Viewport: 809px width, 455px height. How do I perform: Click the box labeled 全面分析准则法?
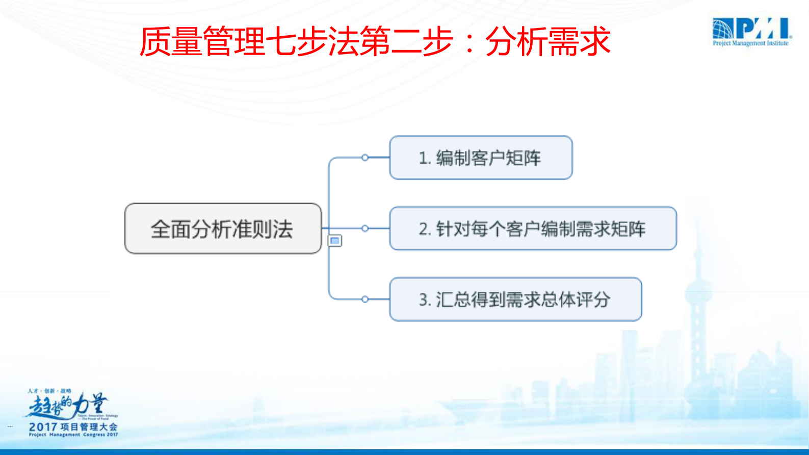pyautogui.click(x=223, y=229)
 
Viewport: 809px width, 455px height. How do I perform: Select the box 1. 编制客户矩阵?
pyautogui.click(x=480, y=158)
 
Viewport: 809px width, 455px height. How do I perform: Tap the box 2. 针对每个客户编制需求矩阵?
pyautogui.click(x=532, y=229)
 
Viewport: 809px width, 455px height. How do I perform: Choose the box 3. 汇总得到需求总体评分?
pyautogui.click(x=515, y=299)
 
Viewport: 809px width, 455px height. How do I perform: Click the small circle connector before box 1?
pyautogui.click(x=365, y=158)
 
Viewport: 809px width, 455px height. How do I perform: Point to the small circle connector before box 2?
pyautogui.click(x=365, y=229)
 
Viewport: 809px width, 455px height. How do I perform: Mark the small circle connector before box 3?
pyautogui.click(x=365, y=299)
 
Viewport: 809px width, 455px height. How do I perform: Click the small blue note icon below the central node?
pyautogui.click(x=335, y=240)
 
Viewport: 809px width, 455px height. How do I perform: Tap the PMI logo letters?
pyautogui.click(x=763, y=29)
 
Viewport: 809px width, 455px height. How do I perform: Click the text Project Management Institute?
pyautogui.click(x=750, y=43)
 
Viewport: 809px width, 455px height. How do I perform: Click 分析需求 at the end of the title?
pyautogui.click(x=548, y=42)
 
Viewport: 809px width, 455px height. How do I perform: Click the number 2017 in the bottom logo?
pyautogui.click(x=43, y=427)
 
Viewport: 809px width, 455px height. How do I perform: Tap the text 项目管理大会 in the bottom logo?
pyautogui.click(x=89, y=427)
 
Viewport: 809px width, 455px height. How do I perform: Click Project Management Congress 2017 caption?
pyautogui.click(x=73, y=435)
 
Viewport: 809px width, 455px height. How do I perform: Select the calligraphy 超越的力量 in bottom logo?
pyautogui.click(x=66, y=406)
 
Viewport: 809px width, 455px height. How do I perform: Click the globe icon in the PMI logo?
pyautogui.click(x=723, y=29)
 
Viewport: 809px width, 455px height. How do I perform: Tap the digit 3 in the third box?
pyautogui.click(x=423, y=299)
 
